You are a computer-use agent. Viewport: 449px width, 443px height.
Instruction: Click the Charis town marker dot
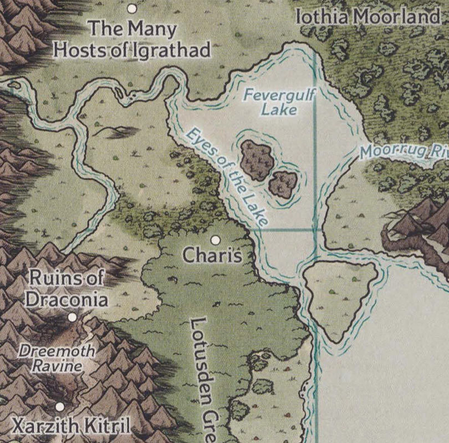point(216,240)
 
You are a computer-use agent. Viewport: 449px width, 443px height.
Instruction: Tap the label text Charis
point(212,256)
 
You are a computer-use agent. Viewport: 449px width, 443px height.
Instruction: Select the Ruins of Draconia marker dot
point(72,317)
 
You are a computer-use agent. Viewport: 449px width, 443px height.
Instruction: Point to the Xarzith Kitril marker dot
point(59,406)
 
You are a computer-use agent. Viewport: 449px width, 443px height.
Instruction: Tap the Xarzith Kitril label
point(72,426)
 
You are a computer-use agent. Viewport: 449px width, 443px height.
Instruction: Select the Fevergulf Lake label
point(279,102)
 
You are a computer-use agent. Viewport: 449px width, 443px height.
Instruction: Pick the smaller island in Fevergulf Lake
point(283,184)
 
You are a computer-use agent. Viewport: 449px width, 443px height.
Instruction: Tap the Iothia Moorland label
point(368,17)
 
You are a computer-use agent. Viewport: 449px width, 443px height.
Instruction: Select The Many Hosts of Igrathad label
point(131,39)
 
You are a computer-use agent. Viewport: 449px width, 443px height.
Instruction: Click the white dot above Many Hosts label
point(132,8)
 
